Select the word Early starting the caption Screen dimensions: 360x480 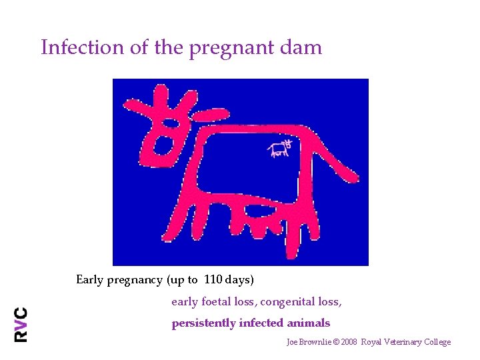click(x=90, y=280)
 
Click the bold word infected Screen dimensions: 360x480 click(x=261, y=323)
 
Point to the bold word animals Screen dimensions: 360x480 click(x=309, y=323)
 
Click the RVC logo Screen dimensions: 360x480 click(x=21, y=324)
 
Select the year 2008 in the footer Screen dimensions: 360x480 click(x=349, y=342)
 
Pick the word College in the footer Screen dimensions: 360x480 click(x=437, y=342)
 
